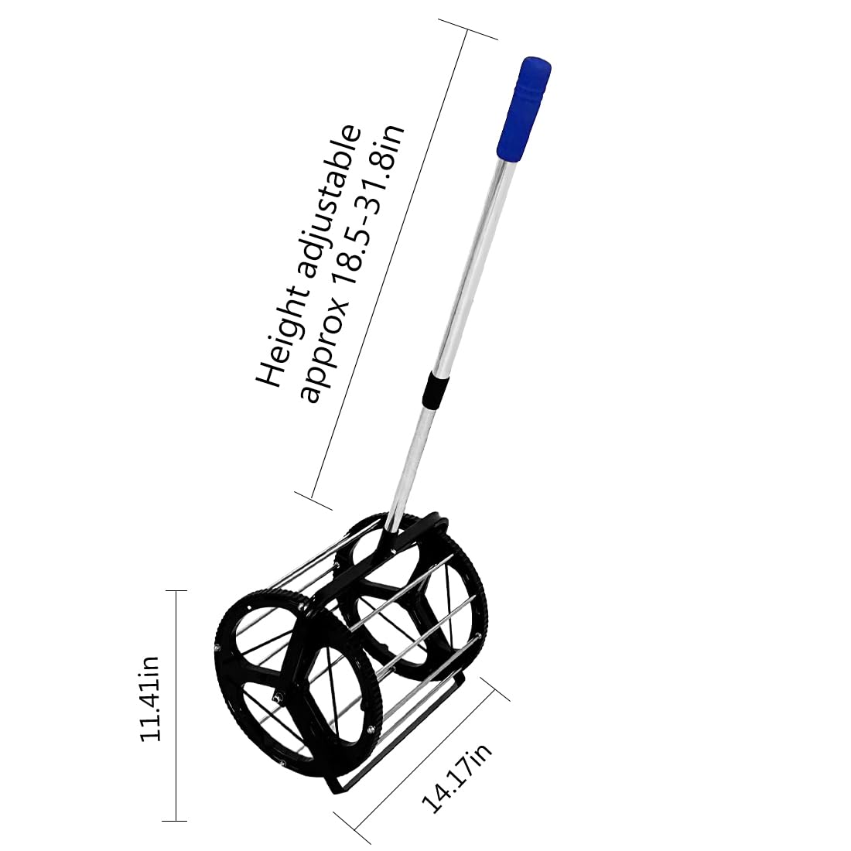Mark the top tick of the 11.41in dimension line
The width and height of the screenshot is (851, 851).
point(176,591)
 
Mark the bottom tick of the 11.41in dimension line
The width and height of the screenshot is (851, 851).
point(176,820)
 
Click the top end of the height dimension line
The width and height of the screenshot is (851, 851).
point(469,31)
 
